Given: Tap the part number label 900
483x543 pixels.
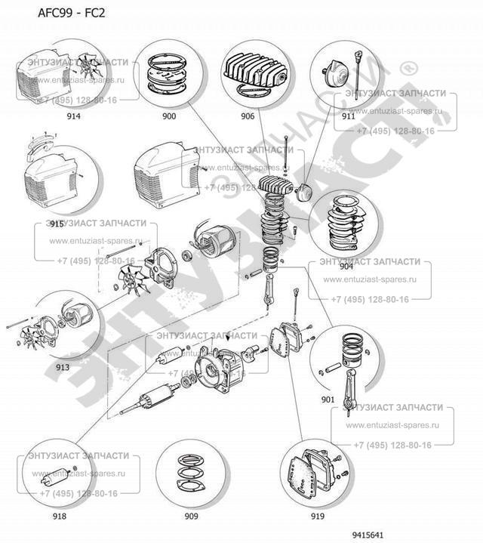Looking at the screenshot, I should [168, 116].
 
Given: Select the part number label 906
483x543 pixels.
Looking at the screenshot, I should [248, 116].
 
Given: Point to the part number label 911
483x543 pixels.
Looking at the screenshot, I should [348, 116].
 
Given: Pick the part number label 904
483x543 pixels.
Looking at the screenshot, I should [346, 265].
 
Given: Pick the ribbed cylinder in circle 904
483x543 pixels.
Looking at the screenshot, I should [344, 221].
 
